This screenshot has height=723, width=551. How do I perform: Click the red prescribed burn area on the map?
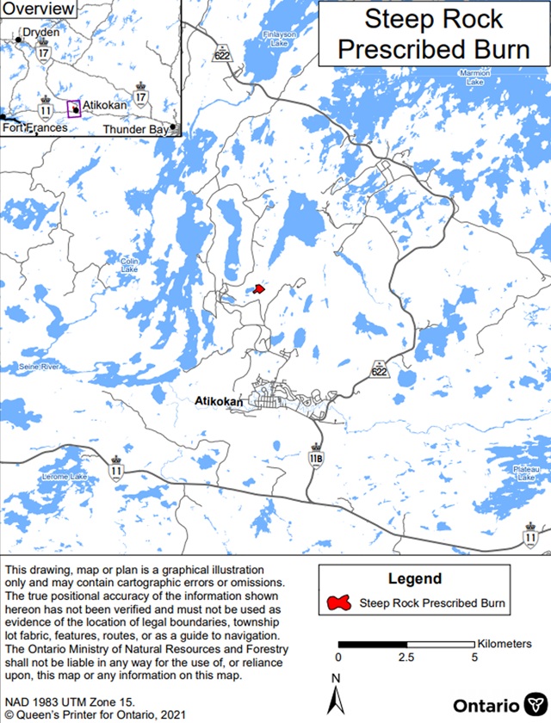click(258, 290)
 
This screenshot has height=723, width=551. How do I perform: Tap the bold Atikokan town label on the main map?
click(219, 401)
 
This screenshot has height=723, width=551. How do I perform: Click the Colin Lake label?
click(129, 264)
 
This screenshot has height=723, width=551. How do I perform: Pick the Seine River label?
click(37, 368)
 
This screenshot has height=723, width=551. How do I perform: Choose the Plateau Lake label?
click(526, 473)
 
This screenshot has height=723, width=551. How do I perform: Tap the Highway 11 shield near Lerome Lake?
click(116, 470)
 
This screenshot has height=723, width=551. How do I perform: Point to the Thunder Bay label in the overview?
click(136, 129)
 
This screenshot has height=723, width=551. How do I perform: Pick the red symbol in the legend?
click(340, 602)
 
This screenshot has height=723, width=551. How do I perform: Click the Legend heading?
click(414, 578)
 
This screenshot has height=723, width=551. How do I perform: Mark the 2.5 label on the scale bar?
click(406, 658)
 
